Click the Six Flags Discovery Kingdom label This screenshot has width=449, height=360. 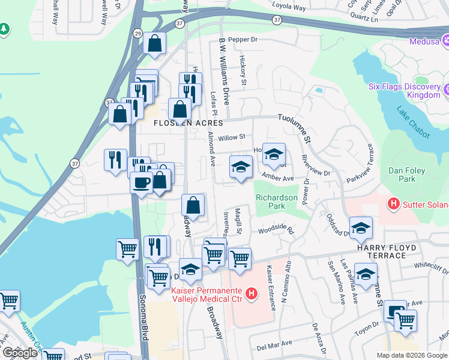[x=407, y=91]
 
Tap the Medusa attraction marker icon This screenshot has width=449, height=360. [x=445, y=41]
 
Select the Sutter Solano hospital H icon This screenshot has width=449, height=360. [x=394, y=203]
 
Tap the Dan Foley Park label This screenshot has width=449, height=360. [x=407, y=175]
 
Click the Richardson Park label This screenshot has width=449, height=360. [x=277, y=202]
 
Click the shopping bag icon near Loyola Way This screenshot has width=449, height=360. [x=154, y=44]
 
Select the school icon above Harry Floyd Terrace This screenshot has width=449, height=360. [x=361, y=227]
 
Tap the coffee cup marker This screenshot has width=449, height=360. [x=142, y=182]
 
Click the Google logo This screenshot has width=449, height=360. [x=20, y=353]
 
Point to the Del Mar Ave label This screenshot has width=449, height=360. [x=274, y=344]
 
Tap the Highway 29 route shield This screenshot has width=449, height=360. [x=138, y=34]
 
